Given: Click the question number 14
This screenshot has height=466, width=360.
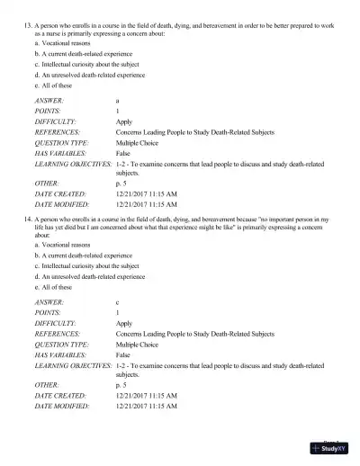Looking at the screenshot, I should [25, 220].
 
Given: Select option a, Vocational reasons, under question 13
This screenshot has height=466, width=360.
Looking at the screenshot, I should [62, 43].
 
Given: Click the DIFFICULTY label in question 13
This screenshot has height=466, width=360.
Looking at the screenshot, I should [55, 121].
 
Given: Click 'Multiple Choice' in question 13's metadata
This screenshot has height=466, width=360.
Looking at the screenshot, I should [139, 141].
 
